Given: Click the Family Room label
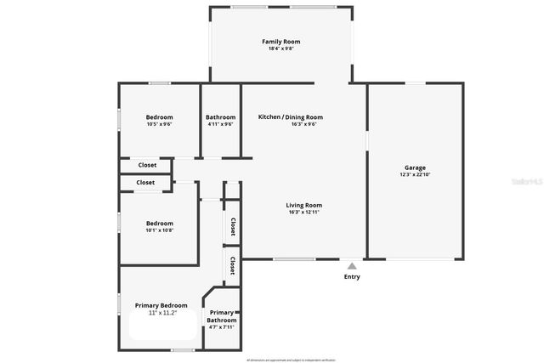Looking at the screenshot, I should (x=280, y=42).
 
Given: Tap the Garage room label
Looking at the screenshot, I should (x=415, y=167).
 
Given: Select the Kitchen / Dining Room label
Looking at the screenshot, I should (x=291, y=117).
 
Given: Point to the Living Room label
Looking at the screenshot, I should (x=303, y=205).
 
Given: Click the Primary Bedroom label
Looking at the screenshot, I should (x=161, y=304).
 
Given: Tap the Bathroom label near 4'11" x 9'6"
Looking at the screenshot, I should (x=220, y=117).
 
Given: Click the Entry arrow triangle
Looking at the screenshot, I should (x=352, y=266).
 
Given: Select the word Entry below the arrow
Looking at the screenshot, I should (x=352, y=276).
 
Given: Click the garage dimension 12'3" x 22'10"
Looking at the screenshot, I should (x=415, y=175).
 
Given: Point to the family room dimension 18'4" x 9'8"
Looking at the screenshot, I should (x=280, y=48).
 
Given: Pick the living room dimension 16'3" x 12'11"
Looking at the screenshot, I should (x=303, y=213).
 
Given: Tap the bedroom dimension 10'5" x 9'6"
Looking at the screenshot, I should (x=159, y=124).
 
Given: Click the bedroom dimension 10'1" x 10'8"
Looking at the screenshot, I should (x=159, y=230).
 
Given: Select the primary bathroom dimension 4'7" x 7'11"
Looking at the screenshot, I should (x=222, y=327).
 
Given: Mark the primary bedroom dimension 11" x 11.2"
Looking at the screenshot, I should (x=161, y=313).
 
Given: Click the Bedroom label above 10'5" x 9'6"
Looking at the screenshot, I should (x=159, y=117).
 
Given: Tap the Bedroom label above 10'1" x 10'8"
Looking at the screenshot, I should (x=159, y=224).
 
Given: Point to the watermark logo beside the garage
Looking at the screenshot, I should (x=529, y=182).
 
